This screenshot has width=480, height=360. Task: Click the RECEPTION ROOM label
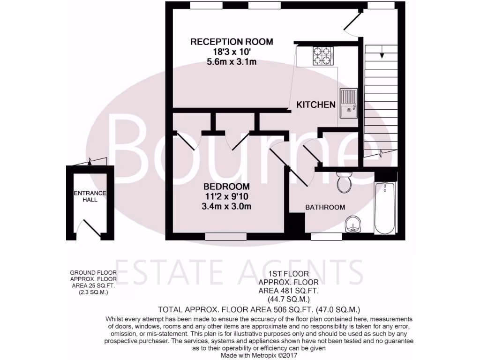pyautogui.click(x=231, y=42)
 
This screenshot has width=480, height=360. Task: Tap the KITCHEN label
pyautogui.click(x=316, y=105)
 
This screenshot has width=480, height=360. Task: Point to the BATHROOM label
pyautogui.click(x=325, y=207)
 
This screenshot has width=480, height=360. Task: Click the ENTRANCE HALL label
pyautogui.click(x=90, y=196)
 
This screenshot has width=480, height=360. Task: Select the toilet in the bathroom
pyautogui.click(x=345, y=182)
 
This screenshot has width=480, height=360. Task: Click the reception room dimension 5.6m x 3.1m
pyautogui.click(x=231, y=61)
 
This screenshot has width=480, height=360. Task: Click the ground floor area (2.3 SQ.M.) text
pyautogui.click(x=93, y=292)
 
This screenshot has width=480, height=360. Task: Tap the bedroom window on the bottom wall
pyautogui.click(x=225, y=237)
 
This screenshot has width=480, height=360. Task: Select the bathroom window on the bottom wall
pyautogui.click(x=326, y=237)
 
